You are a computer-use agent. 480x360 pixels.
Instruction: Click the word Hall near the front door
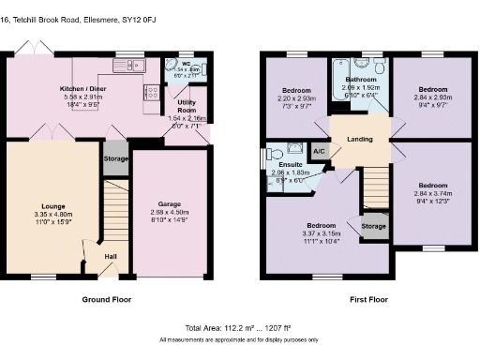[110, 256]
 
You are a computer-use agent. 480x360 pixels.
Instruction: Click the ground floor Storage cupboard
[116, 158]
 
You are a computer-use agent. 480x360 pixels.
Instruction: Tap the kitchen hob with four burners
[151, 93]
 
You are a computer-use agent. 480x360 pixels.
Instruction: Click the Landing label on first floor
[359, 139]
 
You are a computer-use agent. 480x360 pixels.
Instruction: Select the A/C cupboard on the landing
[319, 150]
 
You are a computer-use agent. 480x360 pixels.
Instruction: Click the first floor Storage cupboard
[373, 226]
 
